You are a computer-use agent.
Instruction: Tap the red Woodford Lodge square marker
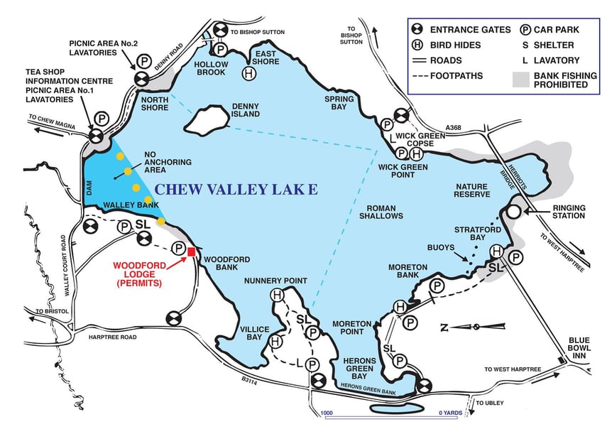pyautogui.click(x=190, y=251)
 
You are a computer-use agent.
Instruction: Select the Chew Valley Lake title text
pyautogui.click(x=236, y=189)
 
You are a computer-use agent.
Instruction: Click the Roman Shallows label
pyautogui.click(x=381, y=212)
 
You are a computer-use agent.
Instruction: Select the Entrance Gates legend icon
pyautogui.click(x=419, y=29)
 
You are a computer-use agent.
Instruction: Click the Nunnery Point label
pyautogui.click(x=268, y=281)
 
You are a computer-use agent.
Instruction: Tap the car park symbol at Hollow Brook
pyautogui.click(x=221, y=49)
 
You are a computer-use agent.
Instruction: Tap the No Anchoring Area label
pyautogui.click(x=168, y=163)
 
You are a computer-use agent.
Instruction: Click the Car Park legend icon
pyautogui.click(x=525, y=29)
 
